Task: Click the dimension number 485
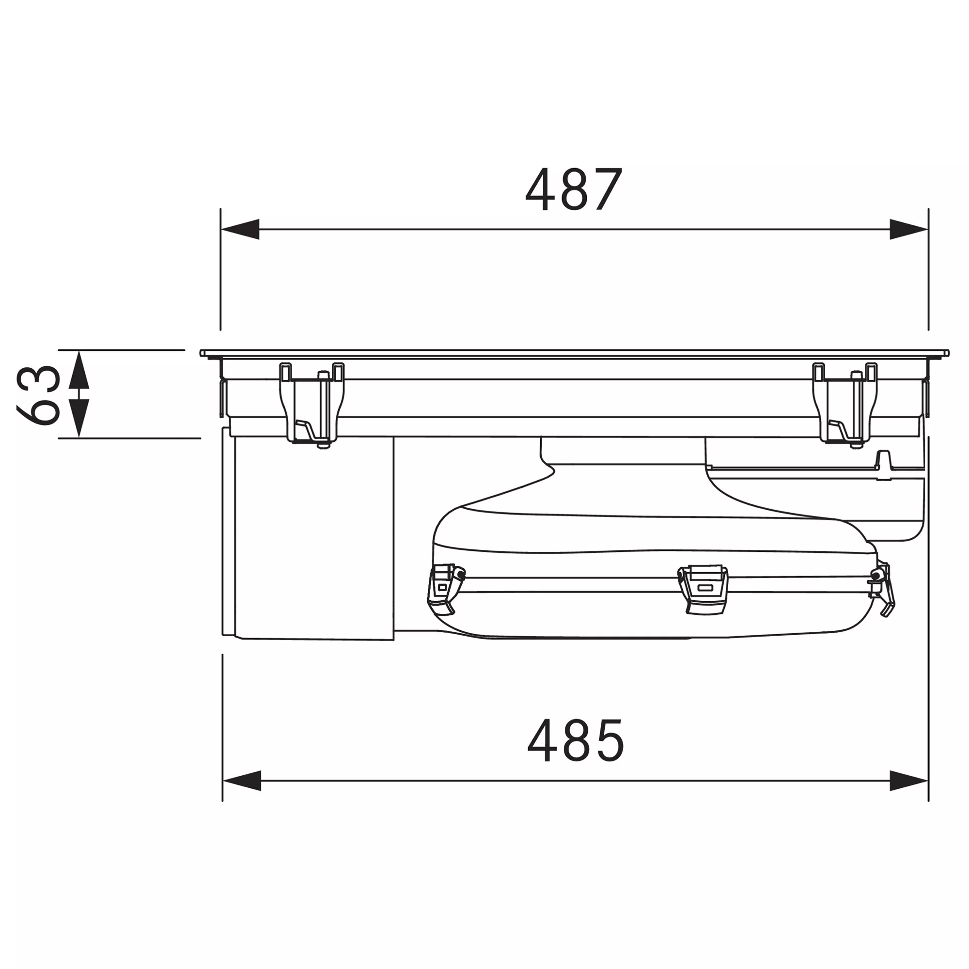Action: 575,741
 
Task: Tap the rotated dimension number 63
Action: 39,395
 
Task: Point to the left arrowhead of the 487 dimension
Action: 240,229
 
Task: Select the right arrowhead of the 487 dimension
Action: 909,229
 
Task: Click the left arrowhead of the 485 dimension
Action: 242,781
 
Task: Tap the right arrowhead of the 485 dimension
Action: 909,781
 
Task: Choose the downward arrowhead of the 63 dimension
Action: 79,418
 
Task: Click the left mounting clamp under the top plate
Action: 312,404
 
